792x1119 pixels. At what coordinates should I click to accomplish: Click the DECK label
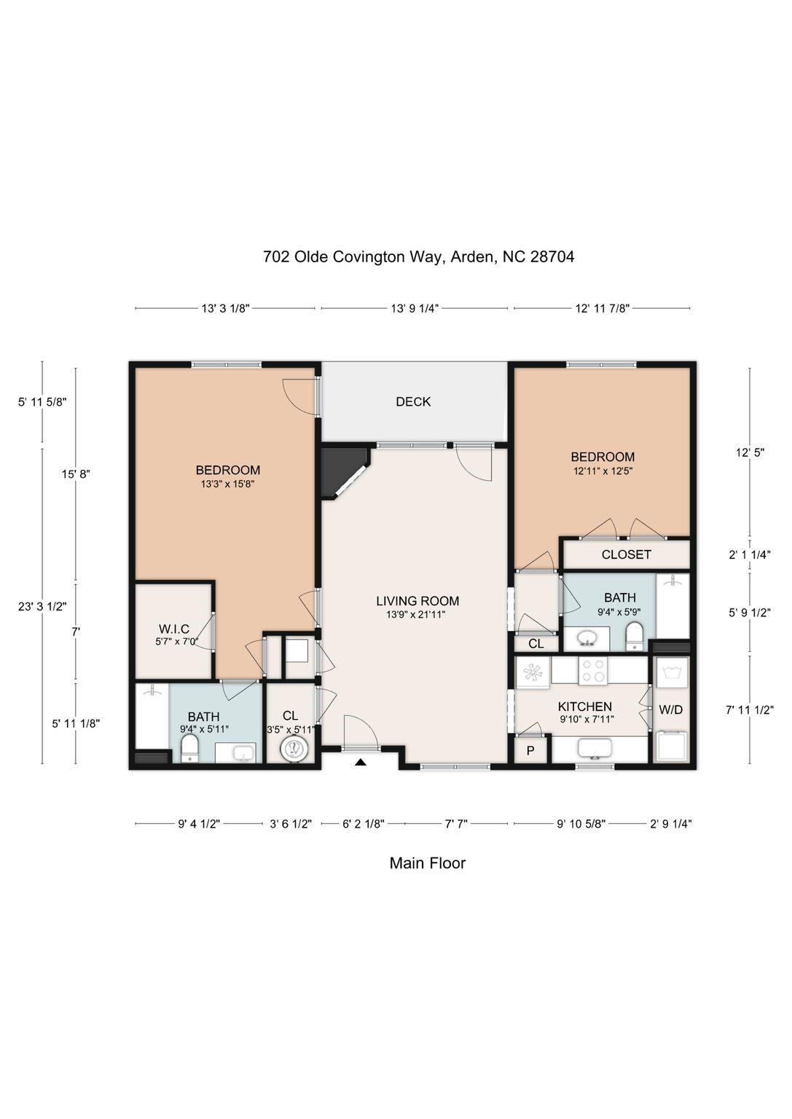point(413,401)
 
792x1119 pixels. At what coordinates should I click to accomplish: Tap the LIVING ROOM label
point(417,601)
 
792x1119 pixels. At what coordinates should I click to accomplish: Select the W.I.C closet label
point(174,629)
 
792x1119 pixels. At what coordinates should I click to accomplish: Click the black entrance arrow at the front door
point(361,763)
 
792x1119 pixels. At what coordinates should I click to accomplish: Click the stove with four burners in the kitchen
point(593,670)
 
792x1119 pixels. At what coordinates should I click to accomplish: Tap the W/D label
point(670,709)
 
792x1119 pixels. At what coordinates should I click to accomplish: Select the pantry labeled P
point(530,750)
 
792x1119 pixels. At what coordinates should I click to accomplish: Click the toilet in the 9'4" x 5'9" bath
point(635,635)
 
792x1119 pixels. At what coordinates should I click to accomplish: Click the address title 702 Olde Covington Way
point(418,256)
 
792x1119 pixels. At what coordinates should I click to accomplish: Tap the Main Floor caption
point(427,863)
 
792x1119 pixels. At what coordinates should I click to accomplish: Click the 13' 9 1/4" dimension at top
point(414,308)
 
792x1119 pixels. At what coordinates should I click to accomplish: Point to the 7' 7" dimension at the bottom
point(456,824)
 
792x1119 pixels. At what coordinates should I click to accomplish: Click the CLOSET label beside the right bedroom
point(626,554)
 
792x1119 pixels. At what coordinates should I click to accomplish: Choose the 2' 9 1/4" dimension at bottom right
point(670,824)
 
